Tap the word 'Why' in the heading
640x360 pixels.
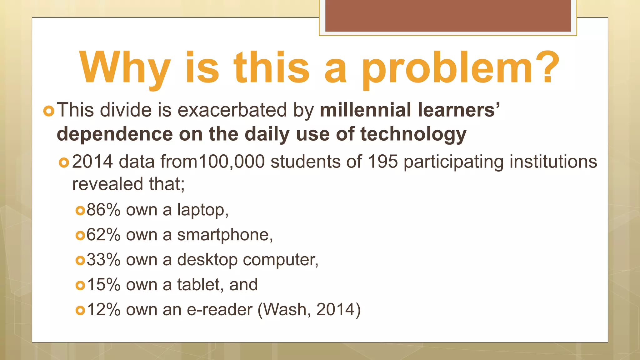[125, 68]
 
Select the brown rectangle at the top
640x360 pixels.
[448, 16]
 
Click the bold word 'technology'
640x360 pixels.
[413, 134]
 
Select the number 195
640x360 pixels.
[383, 162]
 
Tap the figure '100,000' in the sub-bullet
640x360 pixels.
[232, 162]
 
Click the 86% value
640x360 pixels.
[103, 210]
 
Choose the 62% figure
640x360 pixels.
[103, 235]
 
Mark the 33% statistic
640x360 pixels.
[103, 260]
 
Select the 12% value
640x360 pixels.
[103, 310]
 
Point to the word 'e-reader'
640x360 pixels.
[219, 310]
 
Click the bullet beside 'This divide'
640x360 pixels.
[49, 111]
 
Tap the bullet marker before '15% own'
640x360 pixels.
[80, 285]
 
